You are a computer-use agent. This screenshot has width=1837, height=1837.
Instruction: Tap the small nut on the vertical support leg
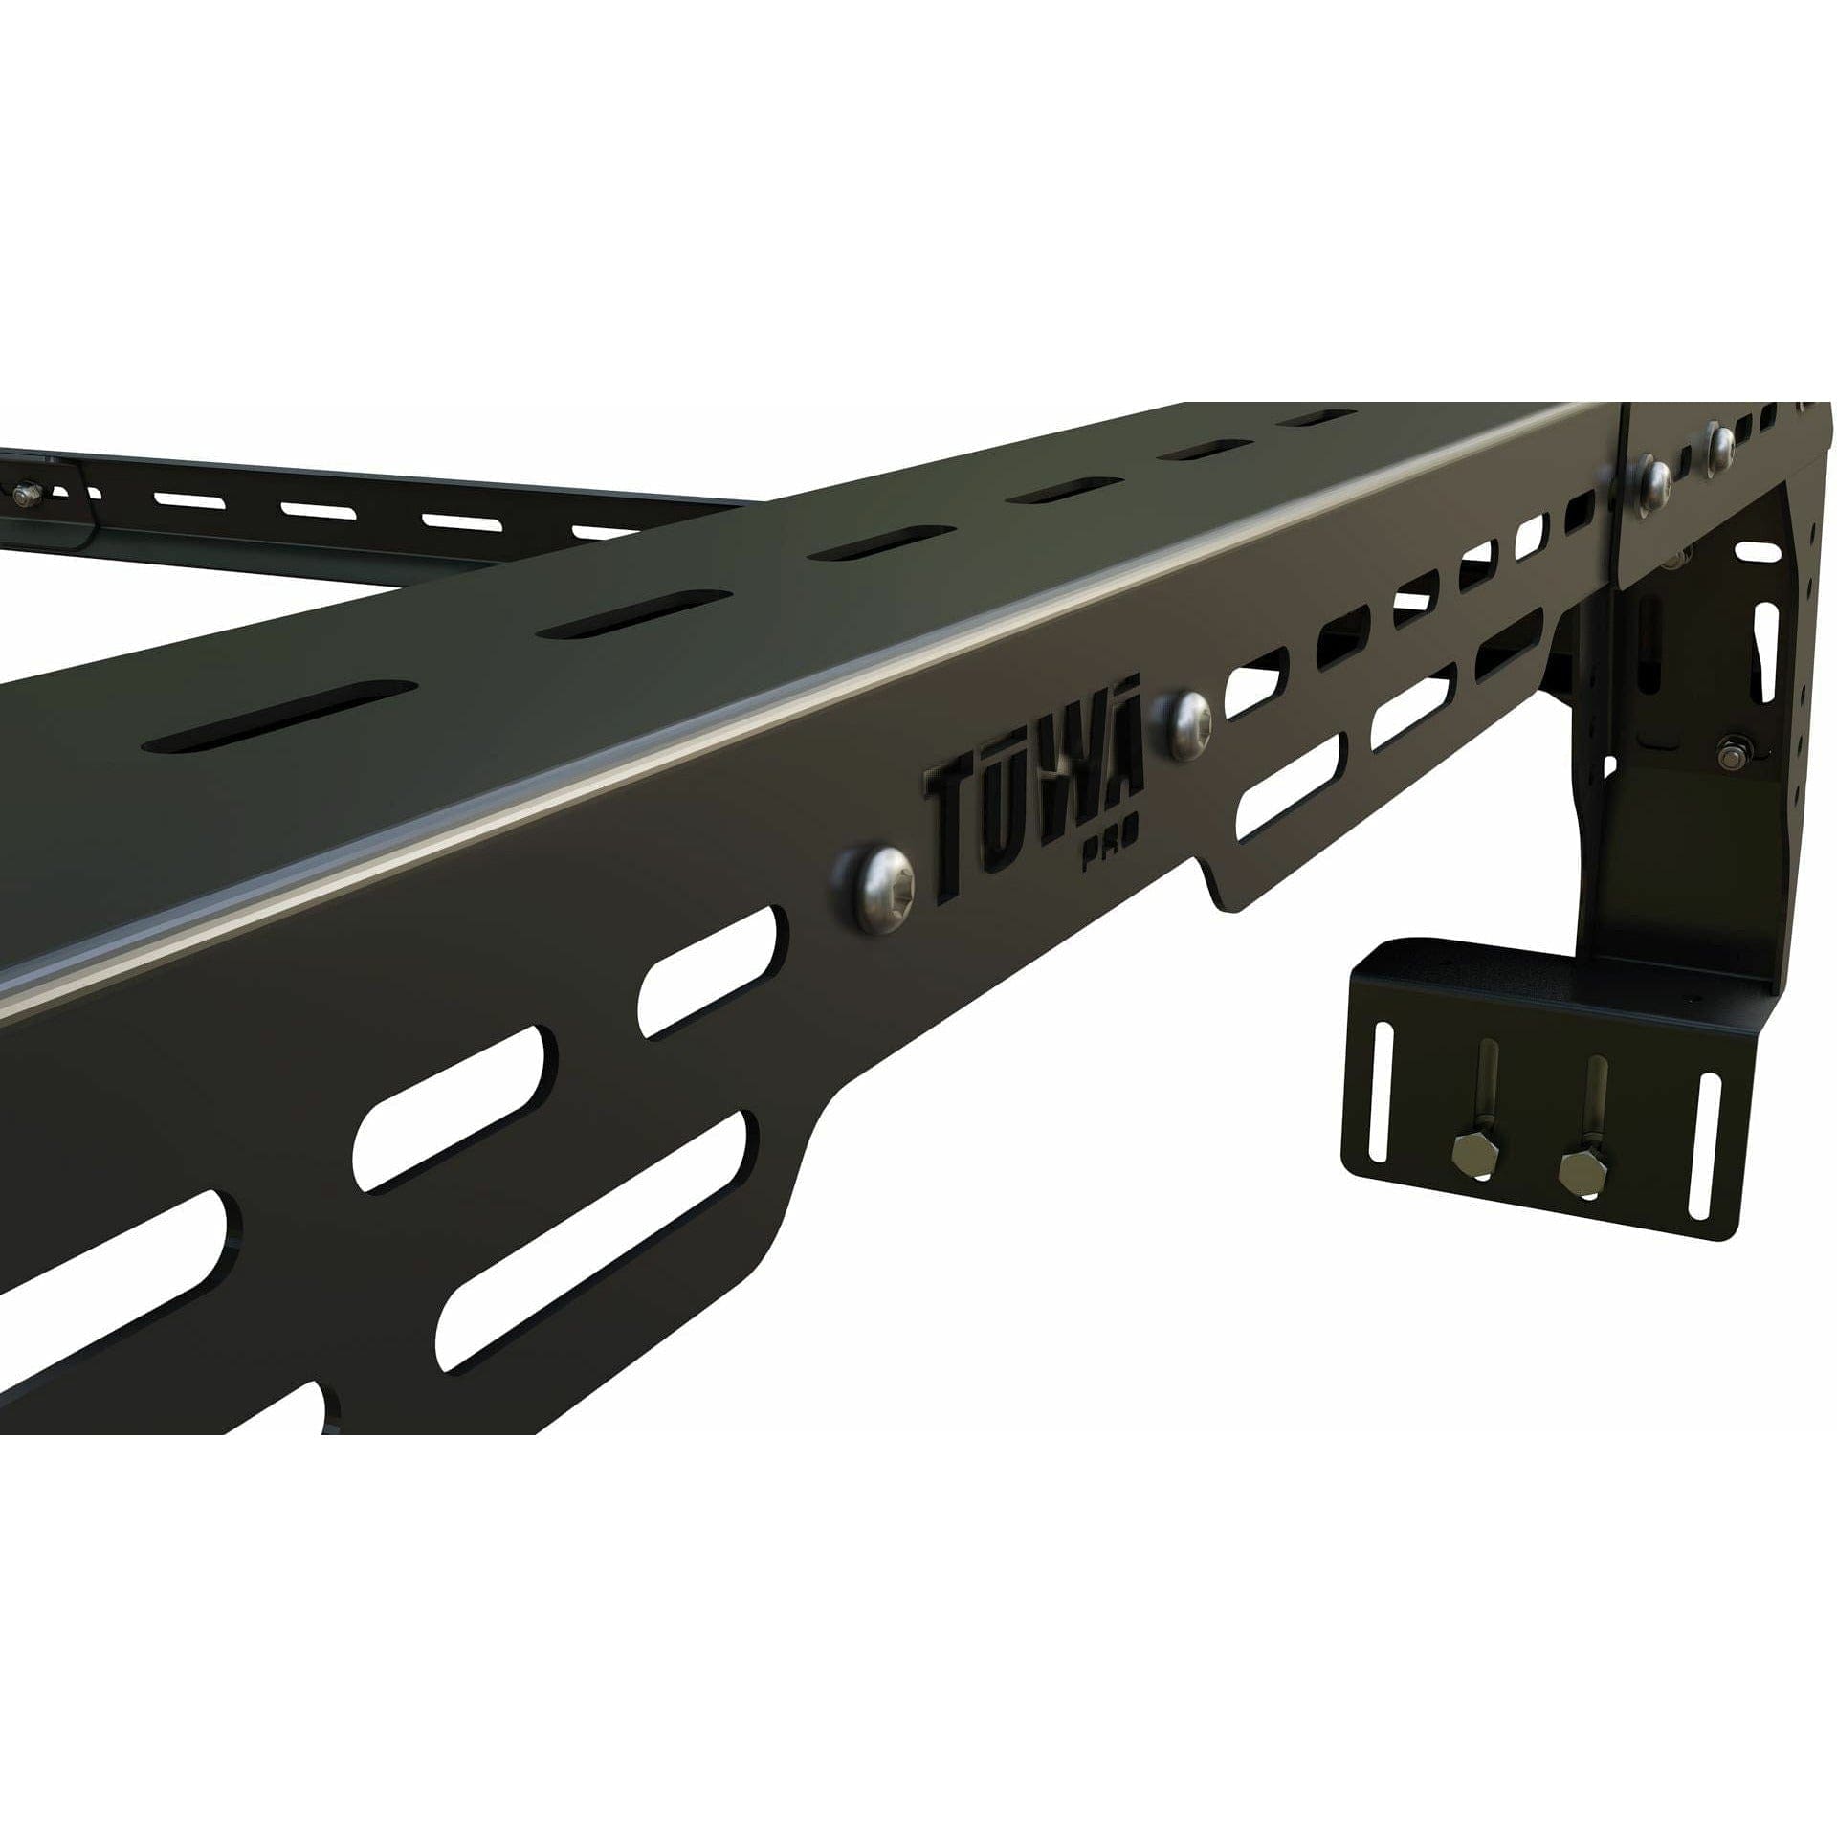(x=1731, y=751)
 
